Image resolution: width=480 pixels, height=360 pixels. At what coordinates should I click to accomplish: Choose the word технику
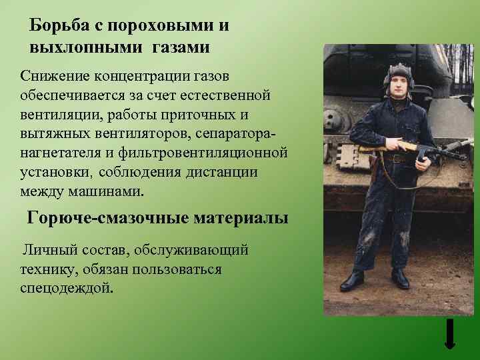pyautogui.click(x=47, y=269)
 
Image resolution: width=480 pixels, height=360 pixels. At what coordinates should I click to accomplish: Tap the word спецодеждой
pyautogui.click(x=67, y=288)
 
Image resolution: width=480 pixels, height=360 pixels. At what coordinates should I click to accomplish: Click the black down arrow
pyautogui.click(x=450, y=333)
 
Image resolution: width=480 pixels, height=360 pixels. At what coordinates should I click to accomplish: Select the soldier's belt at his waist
pyautogui.click(x=399, y=159)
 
